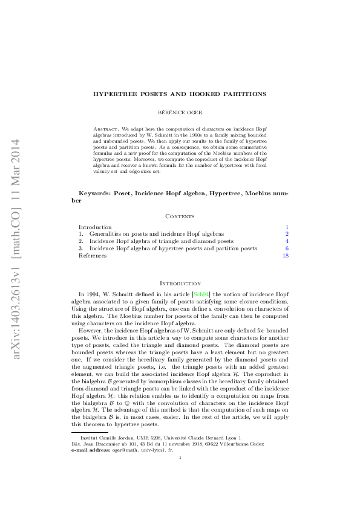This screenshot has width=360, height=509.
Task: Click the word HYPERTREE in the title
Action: point(115,94)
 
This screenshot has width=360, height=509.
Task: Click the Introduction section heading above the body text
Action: point(180,283)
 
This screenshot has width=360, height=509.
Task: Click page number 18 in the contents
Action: point(285,256)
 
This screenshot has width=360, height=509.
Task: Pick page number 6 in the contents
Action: point(287,248)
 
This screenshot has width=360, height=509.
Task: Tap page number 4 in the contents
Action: point(287,241)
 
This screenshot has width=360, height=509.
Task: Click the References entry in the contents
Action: point(93,256)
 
